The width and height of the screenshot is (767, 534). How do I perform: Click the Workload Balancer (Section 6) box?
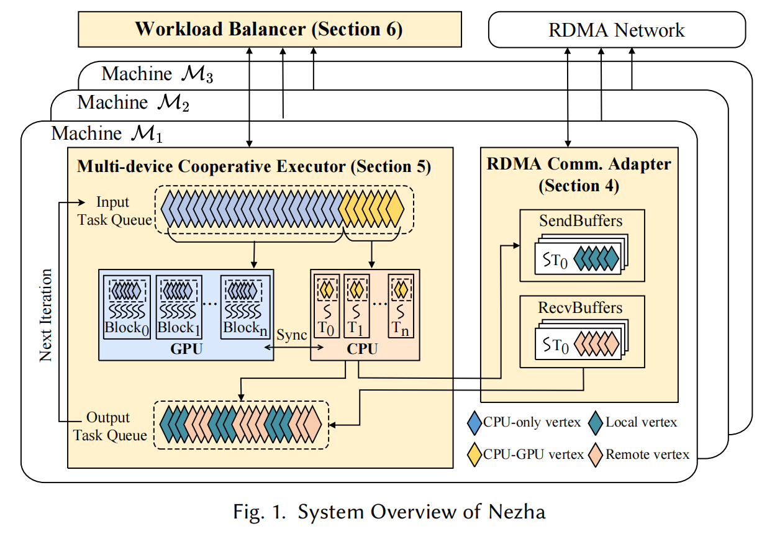pyautogui.click(x=270, y=29)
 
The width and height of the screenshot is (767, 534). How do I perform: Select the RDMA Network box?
pyautogui.click(x=616, y=30)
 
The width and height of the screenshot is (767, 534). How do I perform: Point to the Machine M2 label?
pyautogui.click(x=133, y=102)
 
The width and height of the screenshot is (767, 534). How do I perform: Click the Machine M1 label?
pyautogui.click(x=107, y=133)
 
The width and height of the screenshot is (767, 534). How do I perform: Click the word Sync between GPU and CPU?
pyautogui.click(x=292, y=335)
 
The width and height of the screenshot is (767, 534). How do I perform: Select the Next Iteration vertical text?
pyautogui.click(x=46, y=315)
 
